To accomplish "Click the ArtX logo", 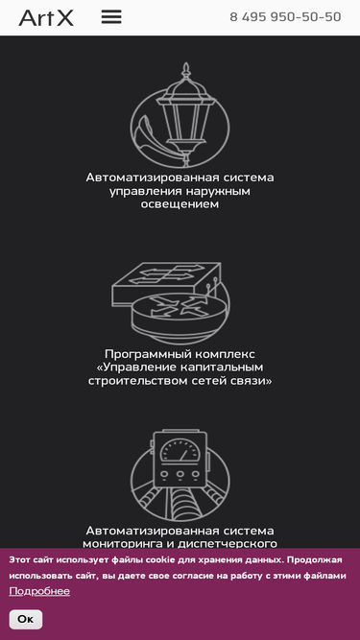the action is [x=46, y=18].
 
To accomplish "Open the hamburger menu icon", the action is [x=111, y=16].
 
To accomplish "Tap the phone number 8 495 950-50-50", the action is [x=285, y=17].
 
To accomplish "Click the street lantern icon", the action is [x=180, y=115].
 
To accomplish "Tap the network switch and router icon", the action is [x=171, y=303].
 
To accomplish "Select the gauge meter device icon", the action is [x=180, y=475].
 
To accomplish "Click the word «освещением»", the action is [x=180, y=204].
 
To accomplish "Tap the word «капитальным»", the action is [x=224, y=367].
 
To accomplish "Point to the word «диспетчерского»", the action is [x=228, y=544].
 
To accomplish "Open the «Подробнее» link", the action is [x=39, y=591].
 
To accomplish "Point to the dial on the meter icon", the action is [x=180, y=451].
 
